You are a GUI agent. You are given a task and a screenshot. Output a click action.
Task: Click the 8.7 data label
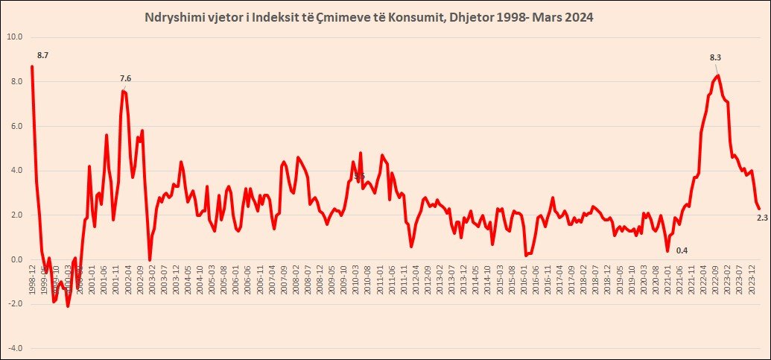click(x=42, y=55)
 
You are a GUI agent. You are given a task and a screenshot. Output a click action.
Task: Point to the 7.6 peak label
click(x=126, y=79)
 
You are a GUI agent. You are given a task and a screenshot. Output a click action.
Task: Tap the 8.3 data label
click(x=716, y=57)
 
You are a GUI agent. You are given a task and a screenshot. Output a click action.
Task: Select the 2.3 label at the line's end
click(x=762, y=217)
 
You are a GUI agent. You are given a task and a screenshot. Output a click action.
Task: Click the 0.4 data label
click(x=682, y=250)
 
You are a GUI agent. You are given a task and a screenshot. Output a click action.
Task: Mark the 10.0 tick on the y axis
click(x=15, y=37)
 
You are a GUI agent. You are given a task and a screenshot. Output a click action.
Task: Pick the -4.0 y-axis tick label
click(x=15, y=349)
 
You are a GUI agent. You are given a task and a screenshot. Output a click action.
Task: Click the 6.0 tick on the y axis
click(x=15, y=126)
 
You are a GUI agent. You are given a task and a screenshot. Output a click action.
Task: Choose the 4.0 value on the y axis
click(x=15, y=171)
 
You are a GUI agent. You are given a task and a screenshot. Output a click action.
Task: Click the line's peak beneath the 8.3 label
click(x=717, y=75)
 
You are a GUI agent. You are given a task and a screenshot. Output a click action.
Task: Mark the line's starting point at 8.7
click(x=32, y=66)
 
